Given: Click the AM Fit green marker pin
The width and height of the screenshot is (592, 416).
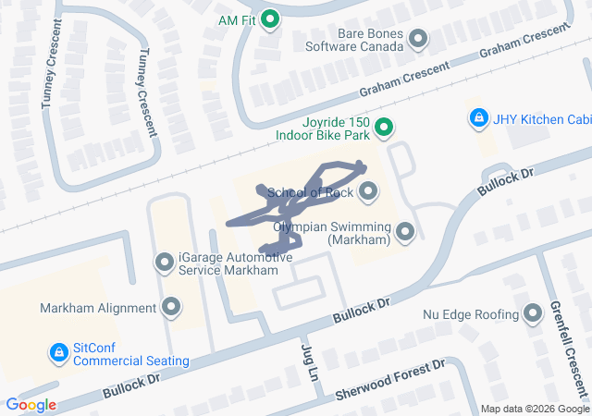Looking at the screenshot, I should click(270, 18).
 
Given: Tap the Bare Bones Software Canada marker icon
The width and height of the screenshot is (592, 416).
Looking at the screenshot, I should click(418, 39).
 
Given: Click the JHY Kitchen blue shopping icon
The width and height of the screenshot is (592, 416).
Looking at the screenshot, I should click(478, 118).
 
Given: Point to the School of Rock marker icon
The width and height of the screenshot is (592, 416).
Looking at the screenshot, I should click(369, 192).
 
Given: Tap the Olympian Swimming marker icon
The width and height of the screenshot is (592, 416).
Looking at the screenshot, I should click(405, 232).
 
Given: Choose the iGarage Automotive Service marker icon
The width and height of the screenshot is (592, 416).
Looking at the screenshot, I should click(165, 263).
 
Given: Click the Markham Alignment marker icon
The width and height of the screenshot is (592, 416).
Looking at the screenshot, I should click(170, 307).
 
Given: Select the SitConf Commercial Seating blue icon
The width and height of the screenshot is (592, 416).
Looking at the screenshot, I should click(58, 352).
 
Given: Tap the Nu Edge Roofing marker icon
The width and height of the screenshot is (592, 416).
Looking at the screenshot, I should click(533, 314).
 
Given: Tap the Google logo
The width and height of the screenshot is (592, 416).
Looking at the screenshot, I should click(31, 405).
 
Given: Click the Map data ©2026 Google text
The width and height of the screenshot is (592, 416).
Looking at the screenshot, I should click(535, 409).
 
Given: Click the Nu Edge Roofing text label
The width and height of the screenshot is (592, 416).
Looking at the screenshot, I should click(471, 315).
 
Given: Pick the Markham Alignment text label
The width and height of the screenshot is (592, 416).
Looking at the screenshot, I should click(98, 308).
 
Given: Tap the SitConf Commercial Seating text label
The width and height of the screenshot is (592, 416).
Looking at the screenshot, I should click(130, 354).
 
